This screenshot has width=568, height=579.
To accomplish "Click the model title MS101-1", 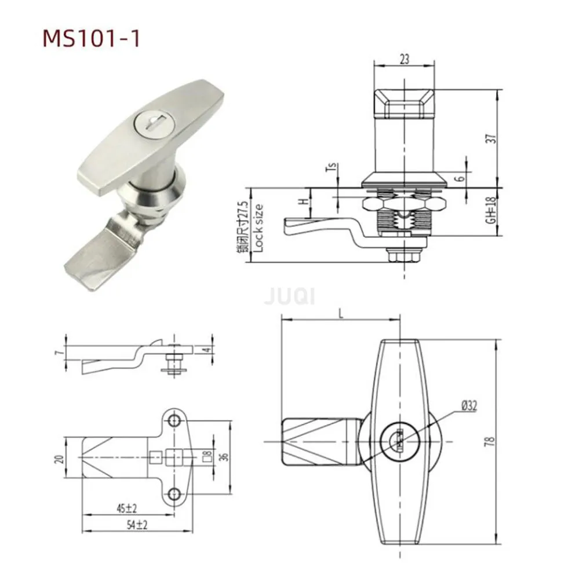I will [91, 38].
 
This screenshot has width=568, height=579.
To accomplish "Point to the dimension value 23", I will [405, 58].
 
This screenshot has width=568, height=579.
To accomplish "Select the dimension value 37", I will [491, 138].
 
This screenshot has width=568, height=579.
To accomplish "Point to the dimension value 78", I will [491, 441].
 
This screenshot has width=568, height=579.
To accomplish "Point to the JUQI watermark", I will [289, 298].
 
